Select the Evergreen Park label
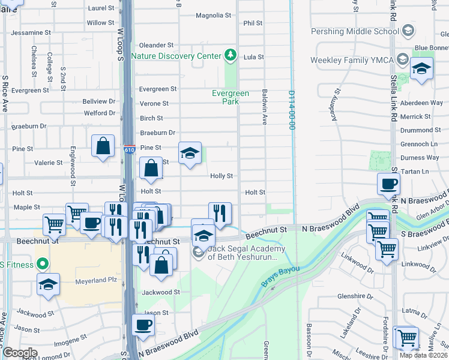pyautogui.click(x=230, y=97)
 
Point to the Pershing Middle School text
pyautogui.click(x=354, y=31)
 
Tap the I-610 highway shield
pyautogui.click(x=129, y=148)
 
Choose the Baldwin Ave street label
pyautogui.click(x=264, y=107)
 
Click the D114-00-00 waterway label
pyautogui.click(x=292, y=110)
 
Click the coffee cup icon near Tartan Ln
pyautogui.click(x=388, y=184)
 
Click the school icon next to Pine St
pyautogui.click(x=190, y=154)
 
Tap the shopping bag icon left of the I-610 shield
pyautogui.click(x=103, y=145)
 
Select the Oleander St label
pyautogui.click(x=156, y=45)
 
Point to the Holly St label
pyautogui.click(x=221, y=176)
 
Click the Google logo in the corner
pyautogui.click(x=20, y=353)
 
